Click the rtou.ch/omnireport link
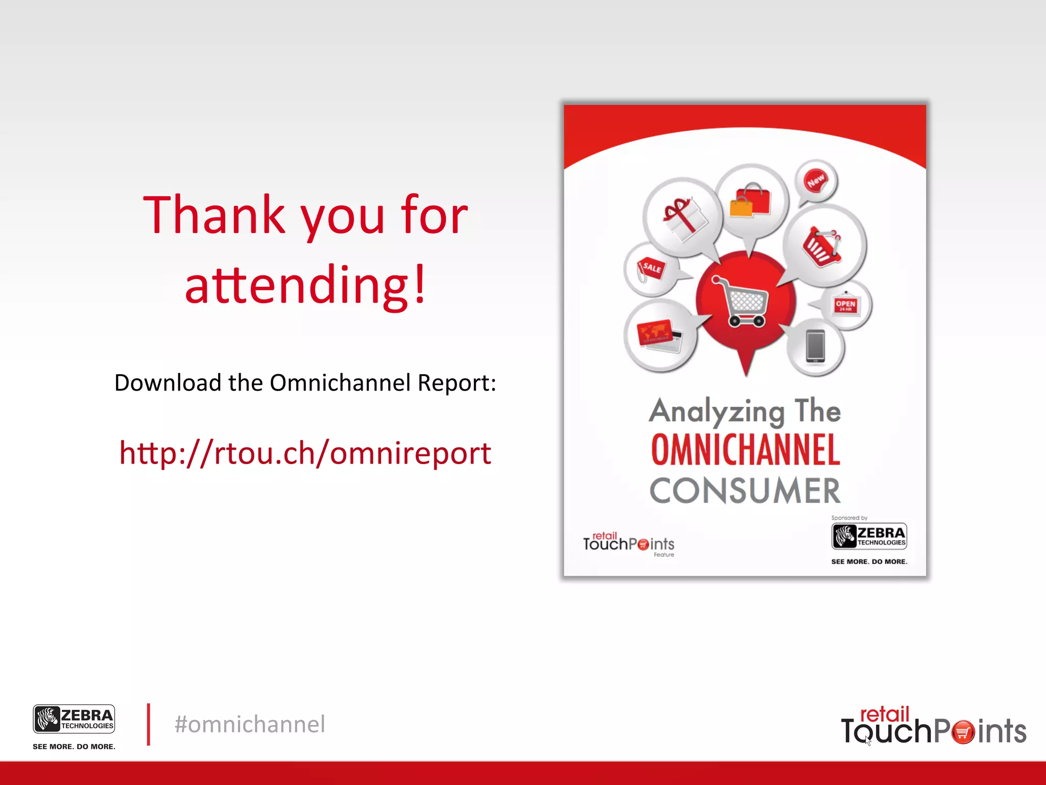(305, 453)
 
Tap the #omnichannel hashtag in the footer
(250, 724)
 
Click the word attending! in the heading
(305, 285)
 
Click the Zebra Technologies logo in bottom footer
(74, 720)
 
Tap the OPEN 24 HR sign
(846, 305)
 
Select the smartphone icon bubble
(815, 347)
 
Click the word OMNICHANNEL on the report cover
(745, 450)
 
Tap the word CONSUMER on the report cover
(745, 491)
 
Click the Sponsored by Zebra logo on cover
(869, 536)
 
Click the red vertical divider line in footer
(149, 724)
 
